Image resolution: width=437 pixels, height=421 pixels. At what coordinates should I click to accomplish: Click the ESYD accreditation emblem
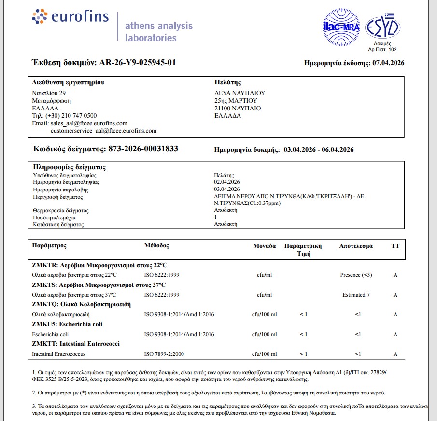(382, 27)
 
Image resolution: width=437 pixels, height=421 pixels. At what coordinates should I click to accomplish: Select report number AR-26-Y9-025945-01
(138, 63)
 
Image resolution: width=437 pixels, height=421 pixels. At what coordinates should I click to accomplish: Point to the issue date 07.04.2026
(388, 63)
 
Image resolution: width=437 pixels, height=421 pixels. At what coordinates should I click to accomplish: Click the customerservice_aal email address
(103, 131)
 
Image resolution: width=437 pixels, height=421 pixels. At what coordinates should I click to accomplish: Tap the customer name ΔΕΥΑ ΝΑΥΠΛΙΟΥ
(240, 93)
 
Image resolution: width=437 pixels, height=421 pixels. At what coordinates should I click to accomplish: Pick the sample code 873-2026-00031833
(143, 149)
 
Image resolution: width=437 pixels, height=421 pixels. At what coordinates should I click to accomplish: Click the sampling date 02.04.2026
(227, 182)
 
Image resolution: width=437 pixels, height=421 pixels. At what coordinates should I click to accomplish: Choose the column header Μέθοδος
(157, 245)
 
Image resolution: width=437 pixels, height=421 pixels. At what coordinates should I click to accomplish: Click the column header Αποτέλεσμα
(356, 246)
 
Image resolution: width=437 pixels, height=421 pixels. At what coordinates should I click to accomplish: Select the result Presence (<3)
(356, 275)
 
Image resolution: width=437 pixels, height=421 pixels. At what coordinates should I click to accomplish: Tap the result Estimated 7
(356, 295)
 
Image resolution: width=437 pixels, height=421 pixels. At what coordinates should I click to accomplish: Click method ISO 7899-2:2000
(164, 354)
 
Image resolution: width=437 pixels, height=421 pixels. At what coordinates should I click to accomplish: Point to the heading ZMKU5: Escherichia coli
(67, 324)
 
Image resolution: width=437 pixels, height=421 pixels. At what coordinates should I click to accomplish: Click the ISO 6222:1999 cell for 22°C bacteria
(162, 275)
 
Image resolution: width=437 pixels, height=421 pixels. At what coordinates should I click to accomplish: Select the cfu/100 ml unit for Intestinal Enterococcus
(265, 354)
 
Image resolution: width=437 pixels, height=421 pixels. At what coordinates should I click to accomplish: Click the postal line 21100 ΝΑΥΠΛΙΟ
(237, 109)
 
